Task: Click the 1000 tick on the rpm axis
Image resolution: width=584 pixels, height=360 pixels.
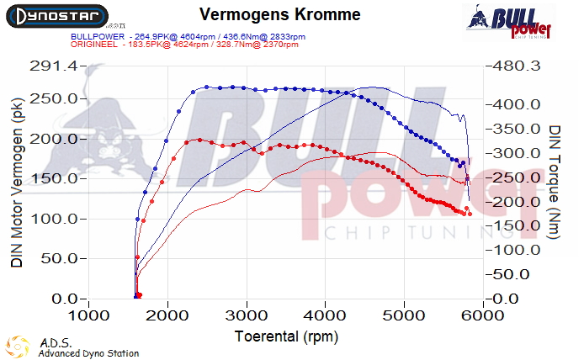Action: (x=89, y=316)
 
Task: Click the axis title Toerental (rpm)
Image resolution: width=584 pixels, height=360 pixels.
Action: (x=284, y=336)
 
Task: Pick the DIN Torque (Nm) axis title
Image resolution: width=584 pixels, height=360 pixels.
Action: (x=555, y=183)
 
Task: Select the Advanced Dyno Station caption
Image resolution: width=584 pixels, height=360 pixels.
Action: (x=88, y=354)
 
